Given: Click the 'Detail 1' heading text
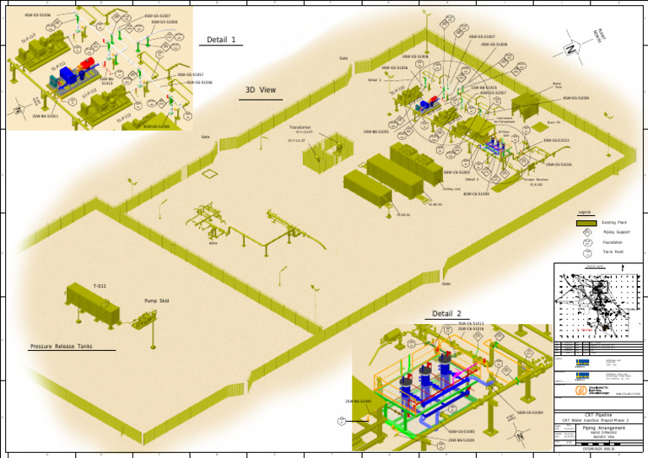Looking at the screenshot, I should [221, 40].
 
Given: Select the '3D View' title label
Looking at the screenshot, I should [260, 89].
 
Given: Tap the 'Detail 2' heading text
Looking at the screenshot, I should [447, 314].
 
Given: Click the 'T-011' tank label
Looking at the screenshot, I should [99, 287].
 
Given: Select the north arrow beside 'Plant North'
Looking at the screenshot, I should [572, 49].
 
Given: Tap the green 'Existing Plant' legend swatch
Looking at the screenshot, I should [586, 223].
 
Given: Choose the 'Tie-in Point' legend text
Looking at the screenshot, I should [613, 251].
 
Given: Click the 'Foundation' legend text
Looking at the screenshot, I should [613, 242].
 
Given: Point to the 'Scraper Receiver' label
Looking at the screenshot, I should [536, 180].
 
